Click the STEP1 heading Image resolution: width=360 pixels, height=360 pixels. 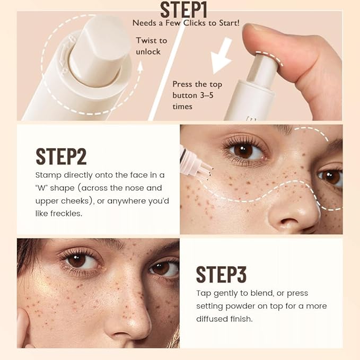click(x=183, y=10)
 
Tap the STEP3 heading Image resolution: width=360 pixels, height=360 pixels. click(x=221, y=274)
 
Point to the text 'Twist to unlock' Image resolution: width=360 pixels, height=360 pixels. click(x=151, y=46)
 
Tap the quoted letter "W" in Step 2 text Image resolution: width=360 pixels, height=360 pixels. click(x=45, y=188)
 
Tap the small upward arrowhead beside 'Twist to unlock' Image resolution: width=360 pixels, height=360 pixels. click(x=140, y=67)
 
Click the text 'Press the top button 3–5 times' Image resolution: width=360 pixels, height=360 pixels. click(x=197, y=95)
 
